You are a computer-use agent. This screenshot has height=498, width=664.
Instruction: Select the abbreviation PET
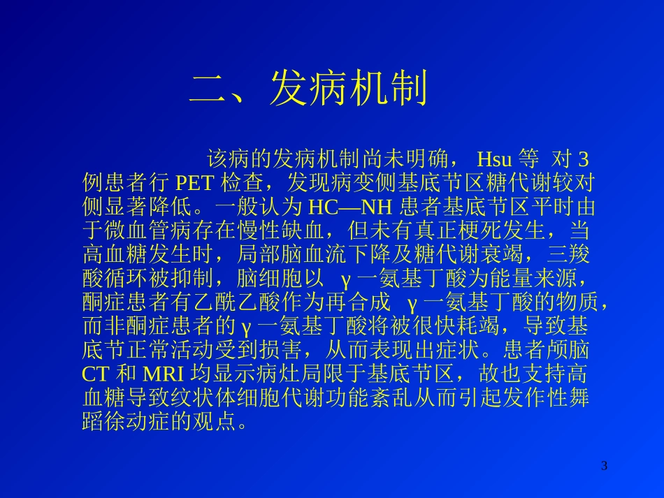(x=195, y=182)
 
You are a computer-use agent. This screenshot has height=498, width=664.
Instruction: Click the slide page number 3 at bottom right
(x=605, y=465)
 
